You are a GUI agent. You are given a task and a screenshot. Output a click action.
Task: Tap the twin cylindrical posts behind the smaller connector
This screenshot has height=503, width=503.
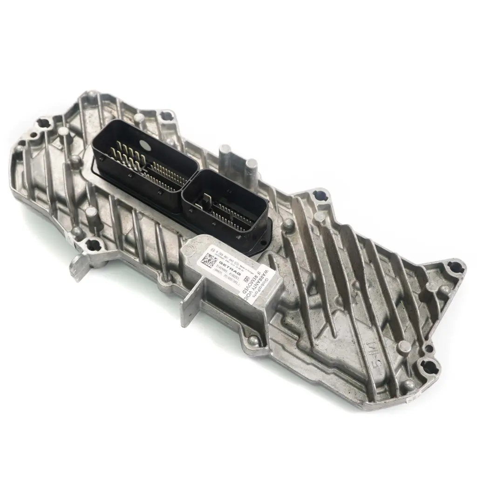238,160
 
